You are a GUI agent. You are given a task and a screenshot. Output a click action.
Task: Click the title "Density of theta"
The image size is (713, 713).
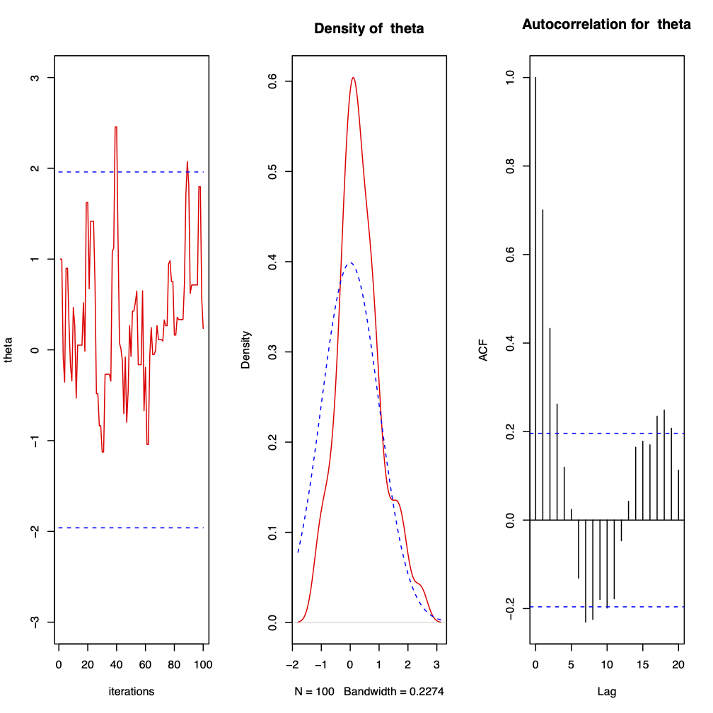tap(369, 29)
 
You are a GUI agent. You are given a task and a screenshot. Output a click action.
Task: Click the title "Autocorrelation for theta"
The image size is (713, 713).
tap(606, 25)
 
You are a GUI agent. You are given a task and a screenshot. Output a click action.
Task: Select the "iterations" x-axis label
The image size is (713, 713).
tap(131, 691)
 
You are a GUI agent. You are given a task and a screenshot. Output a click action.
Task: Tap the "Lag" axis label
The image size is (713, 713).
tap(607, 691)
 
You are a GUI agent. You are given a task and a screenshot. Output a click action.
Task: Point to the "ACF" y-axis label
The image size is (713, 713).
tap(484, 352)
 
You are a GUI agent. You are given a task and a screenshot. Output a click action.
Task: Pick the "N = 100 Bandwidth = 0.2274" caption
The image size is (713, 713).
tap(369, 691)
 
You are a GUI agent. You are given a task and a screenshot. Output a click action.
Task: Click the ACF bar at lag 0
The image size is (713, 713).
tap(535, 297)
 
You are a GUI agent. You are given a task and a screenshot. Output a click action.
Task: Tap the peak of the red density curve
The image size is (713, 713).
tap(353, 78)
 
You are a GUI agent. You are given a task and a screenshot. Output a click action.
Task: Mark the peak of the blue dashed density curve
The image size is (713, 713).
tap(349, 263)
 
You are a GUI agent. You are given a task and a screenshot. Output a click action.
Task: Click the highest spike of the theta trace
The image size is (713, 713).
tap(115, 127)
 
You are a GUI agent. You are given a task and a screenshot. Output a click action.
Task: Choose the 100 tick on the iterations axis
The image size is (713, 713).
tap(203, 664)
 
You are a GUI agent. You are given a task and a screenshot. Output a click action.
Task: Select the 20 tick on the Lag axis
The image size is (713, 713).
tap(678, 664)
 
